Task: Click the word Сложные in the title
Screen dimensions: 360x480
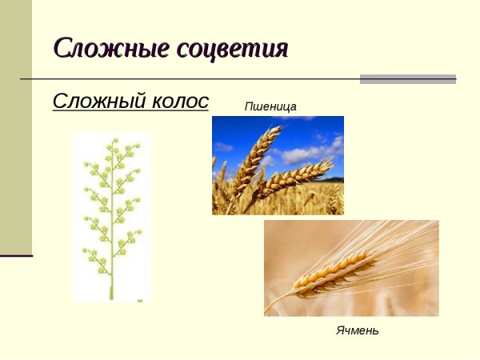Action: click(x=103, y=48)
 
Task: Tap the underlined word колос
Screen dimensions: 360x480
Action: click(x=180, y=102)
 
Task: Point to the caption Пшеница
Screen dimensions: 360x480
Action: click(x=270, y=106)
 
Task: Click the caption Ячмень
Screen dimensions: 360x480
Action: click(x=357, y=330)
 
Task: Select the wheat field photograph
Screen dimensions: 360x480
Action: click(x=278, y=165)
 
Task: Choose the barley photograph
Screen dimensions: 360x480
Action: click(x=351, y=268)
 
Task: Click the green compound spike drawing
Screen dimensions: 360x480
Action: click(x=111, y=216)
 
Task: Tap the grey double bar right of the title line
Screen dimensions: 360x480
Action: click(x=407, y=79)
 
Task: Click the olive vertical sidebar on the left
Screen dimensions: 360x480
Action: click(x=15, y=128)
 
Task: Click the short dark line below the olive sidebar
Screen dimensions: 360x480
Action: click(x=16, y=256)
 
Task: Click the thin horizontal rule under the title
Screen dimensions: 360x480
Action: click(x=192, y=79)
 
